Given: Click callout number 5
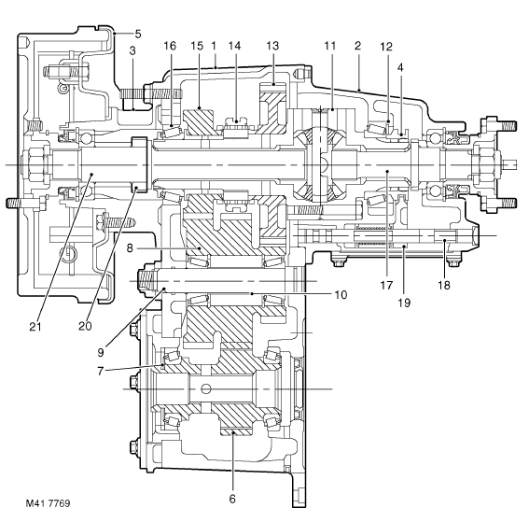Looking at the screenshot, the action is pyautogui.click(x=138, y=35).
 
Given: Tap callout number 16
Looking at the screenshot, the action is pyautogui.click(x=170, y=46).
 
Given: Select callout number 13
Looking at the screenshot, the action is pyautogui.click(x=272, y=46).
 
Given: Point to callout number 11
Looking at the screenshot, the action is pyautogui.click(x=330, y=46).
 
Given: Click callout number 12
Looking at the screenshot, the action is pyautogui.click(x=386, y=47).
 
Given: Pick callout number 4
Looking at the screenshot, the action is pyautogui.click(x=400, y=67).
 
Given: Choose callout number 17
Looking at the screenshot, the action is pyautogui.click(x=386, y=286).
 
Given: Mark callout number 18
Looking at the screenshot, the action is pyautogui.click(x=444, y=286).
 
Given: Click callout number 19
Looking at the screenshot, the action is pyautogui.click(x=404, y=303).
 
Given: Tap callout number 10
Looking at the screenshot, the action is pyautogui.click(x=341, y=295).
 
